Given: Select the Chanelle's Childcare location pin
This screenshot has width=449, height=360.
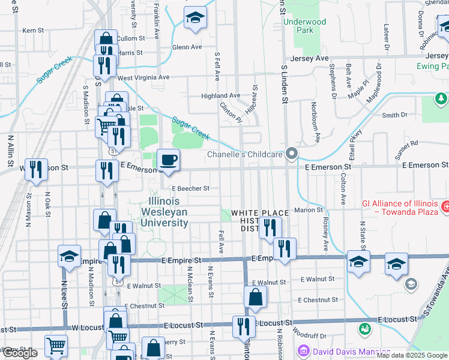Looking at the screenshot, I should (x=292, y=154).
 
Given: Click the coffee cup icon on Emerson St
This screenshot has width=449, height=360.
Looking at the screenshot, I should (x=168, y=160).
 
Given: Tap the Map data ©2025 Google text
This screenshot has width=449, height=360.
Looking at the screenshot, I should (x=412, y=355).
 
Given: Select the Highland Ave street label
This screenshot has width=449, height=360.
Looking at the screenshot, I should (x=220, y=95).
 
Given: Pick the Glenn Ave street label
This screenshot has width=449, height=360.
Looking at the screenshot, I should (x=187, y=47).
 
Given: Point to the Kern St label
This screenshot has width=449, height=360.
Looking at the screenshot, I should (x=33, y=30).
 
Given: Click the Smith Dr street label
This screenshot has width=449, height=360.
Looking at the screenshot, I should (x=394, y=115).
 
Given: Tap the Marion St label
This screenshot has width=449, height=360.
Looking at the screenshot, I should (x=309, y=210).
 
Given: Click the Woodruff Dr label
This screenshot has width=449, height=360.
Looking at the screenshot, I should (x=310, y=335).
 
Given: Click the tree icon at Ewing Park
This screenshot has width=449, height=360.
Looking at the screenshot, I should (x=441, y=98).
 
